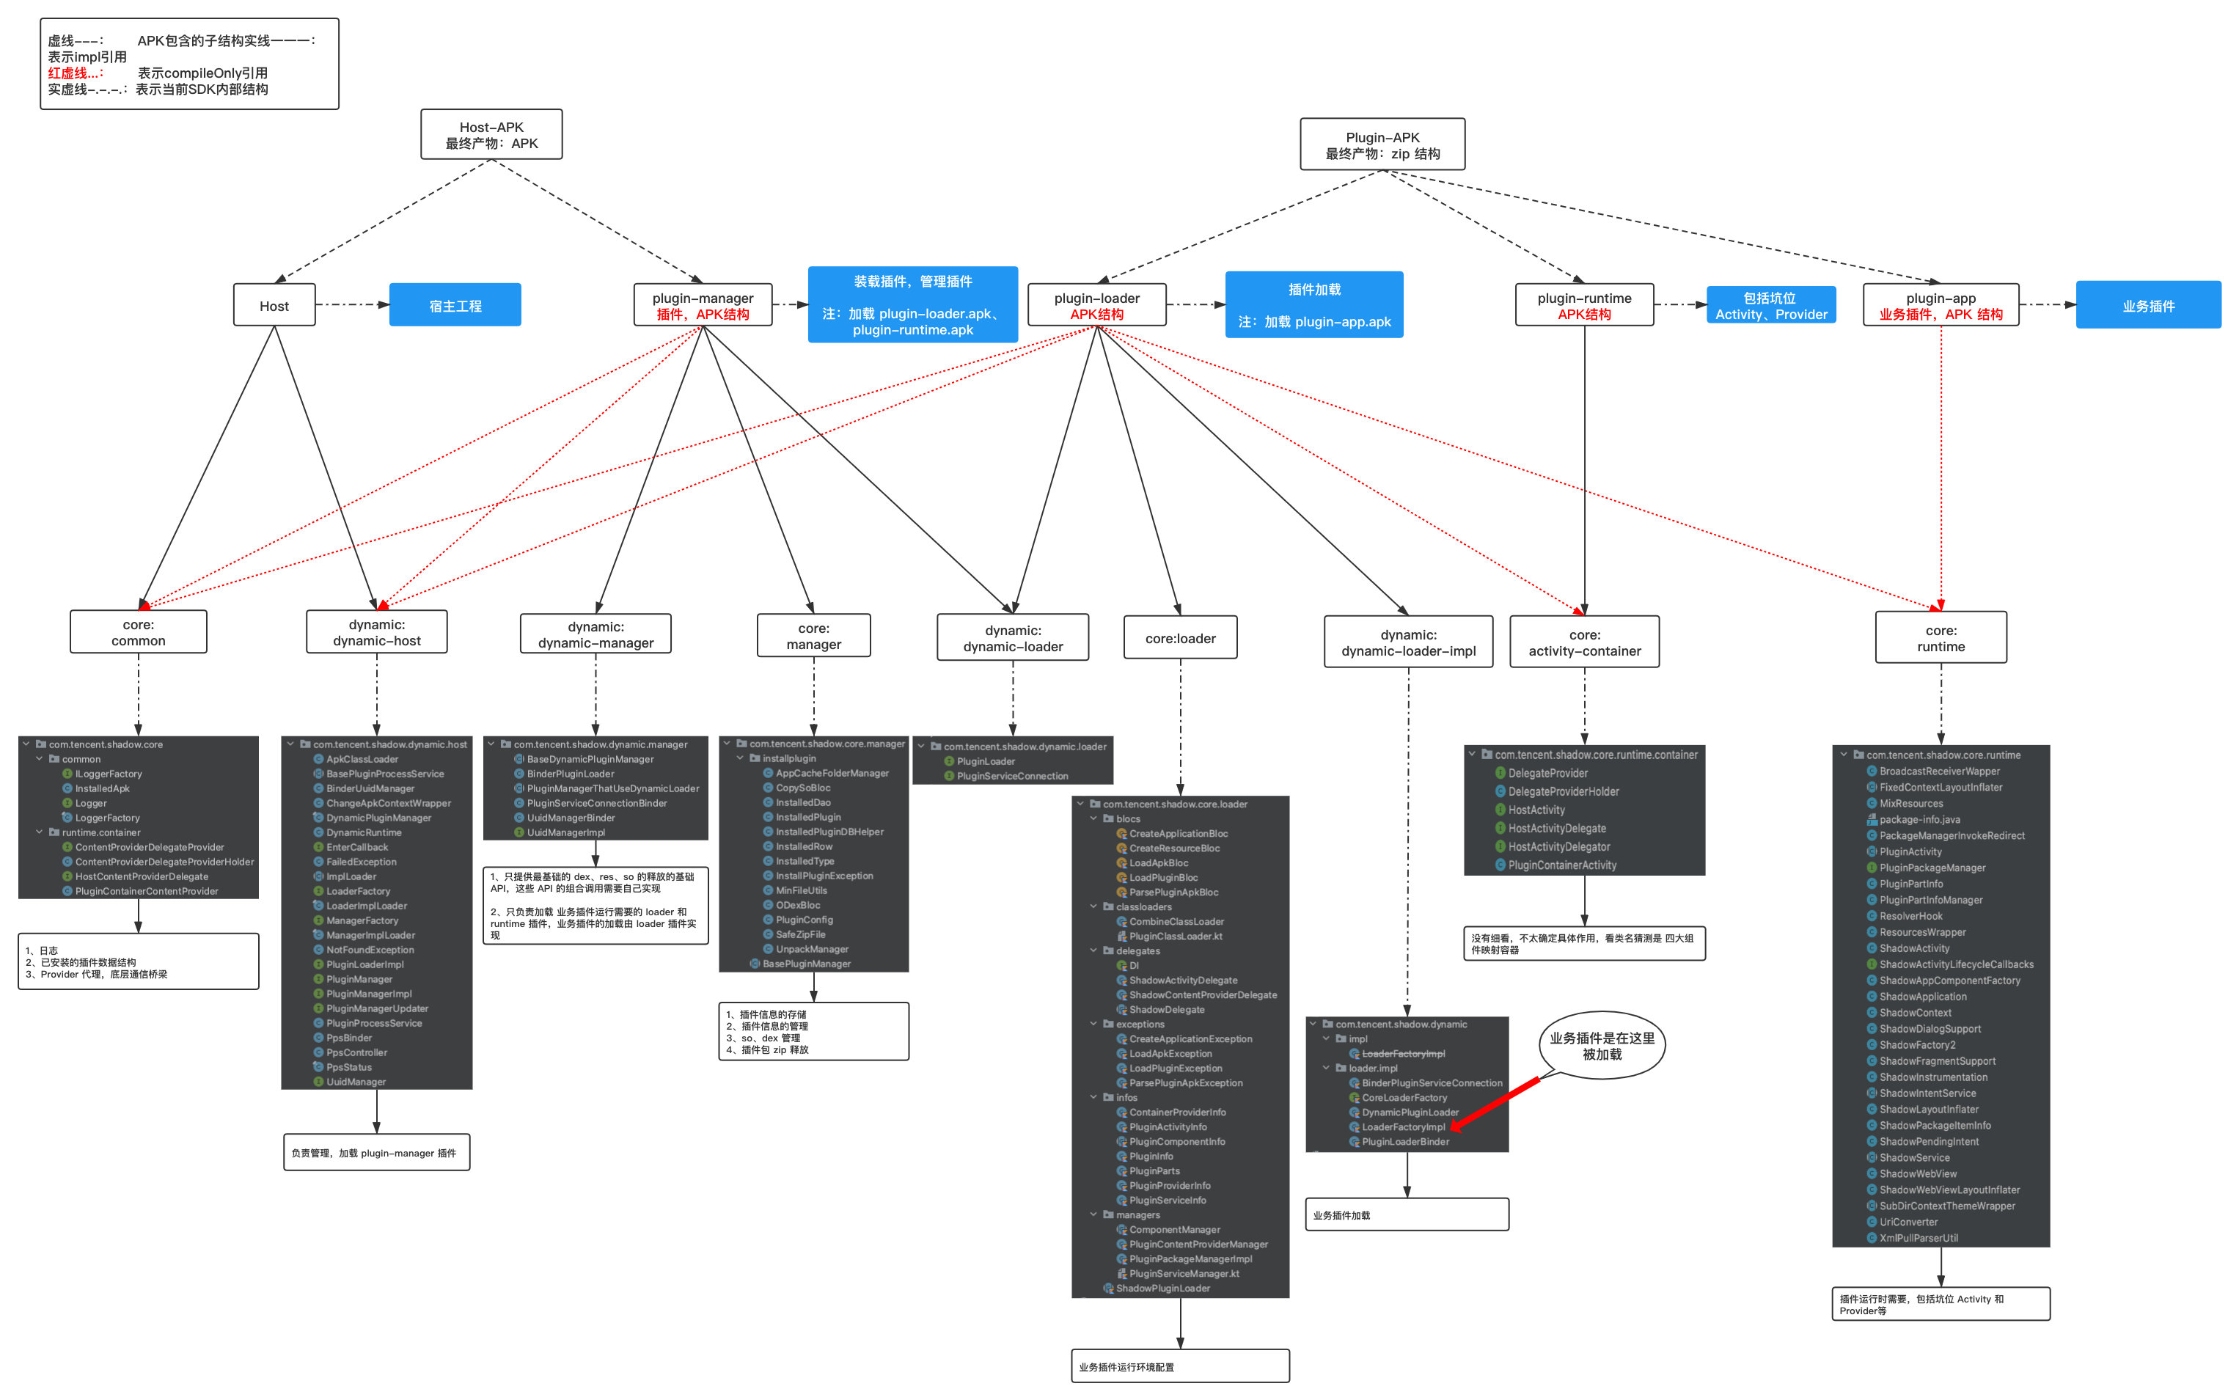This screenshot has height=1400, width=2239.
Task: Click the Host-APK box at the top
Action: point(491,135)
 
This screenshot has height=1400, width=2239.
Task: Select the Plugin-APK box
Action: point(1382,145)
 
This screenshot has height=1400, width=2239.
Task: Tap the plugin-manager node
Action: point(703,306)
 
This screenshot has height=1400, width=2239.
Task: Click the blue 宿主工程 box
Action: point(455,306)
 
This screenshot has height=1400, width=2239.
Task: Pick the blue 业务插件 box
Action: point(2148,306)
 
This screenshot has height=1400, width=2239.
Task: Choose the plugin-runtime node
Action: point(1584,306)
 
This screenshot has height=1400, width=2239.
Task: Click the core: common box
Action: point(139,632)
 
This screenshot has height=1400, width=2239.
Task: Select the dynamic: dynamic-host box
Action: point(377,632)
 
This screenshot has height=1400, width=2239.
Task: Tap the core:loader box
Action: point(1181,638)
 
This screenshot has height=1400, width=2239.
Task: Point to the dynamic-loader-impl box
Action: point(1408,642)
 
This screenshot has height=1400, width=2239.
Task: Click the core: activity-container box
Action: point(1584,642)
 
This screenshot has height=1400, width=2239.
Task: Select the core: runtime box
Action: point(1941,638)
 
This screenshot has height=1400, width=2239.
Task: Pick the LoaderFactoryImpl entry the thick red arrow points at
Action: point(1403,1127)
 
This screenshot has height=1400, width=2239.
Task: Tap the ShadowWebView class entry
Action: point(1918,1174)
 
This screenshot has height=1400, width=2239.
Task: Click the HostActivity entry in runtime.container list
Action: point(1536,810)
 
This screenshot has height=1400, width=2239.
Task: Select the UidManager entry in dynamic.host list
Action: point(356,1082)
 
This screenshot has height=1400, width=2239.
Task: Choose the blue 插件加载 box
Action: point(1314,304)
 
